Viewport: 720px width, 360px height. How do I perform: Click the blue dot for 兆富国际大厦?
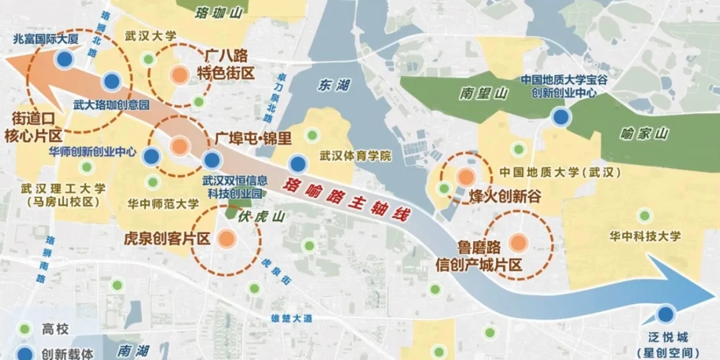pos(65,60)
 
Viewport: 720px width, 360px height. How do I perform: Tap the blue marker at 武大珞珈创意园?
pos(111,83)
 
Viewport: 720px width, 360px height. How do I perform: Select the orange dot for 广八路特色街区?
pos(179,75)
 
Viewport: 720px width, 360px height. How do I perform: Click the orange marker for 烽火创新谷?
pos(465,177)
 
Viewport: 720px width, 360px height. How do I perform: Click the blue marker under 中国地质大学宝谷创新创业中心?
pos(561,117)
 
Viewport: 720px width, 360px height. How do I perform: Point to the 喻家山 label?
pos(644,134)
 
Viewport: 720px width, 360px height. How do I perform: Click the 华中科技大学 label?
pos(645,236)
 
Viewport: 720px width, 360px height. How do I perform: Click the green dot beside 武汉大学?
pos(149,60)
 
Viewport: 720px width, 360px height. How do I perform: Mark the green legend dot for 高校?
pos(25,329)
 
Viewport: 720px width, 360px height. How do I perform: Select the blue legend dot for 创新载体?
pos(25,352)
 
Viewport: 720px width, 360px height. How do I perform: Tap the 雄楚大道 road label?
pos(291,318)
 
